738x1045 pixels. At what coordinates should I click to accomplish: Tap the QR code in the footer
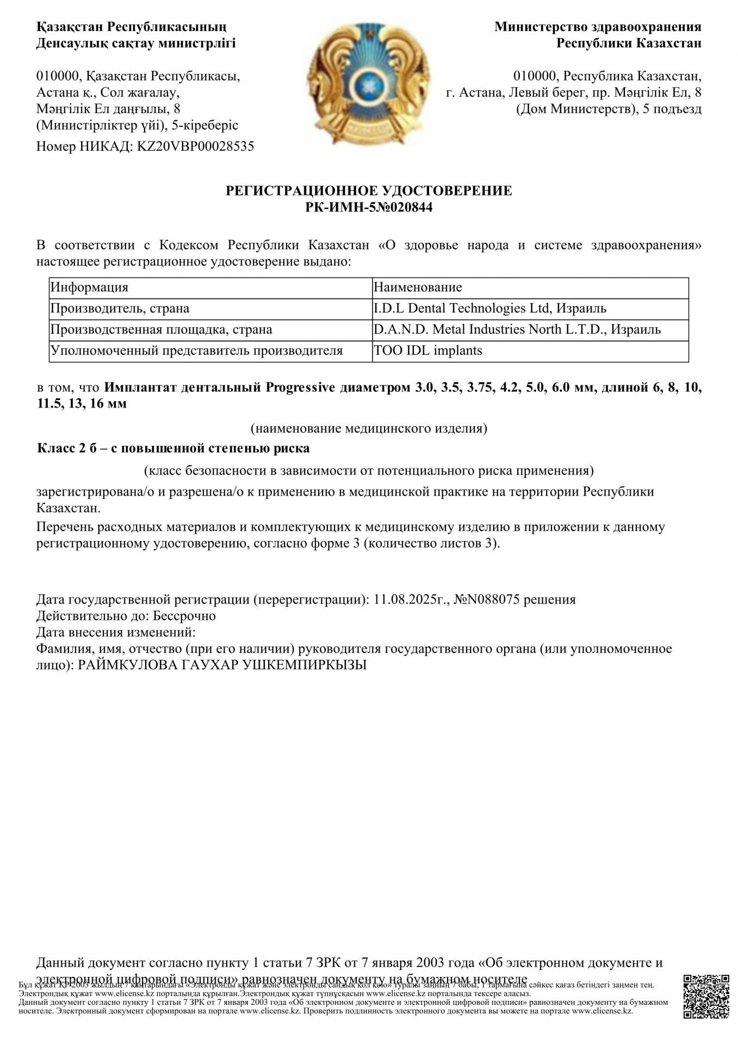[x=706, y=996]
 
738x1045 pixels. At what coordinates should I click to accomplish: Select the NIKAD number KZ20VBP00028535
[x=193, y=146]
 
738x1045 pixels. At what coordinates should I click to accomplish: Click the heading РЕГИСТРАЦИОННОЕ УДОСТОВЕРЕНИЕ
[x=369, y=190]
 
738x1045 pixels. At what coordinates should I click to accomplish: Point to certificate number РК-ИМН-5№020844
[x=369, y=207]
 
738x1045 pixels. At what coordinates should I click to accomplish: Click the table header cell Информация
[x=89, y=287]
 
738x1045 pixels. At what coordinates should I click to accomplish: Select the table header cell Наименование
[x=418, y=287]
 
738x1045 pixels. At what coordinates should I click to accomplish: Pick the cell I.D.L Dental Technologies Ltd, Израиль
[x=489, y=309]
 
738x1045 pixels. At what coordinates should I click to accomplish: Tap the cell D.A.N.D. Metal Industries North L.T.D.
[x=517, y=330]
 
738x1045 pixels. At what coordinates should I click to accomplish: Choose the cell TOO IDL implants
[x=427, y=351]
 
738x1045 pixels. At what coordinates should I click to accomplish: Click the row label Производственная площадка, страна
[x=161, y=330]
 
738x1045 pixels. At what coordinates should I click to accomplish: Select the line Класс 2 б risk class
[x=173, y=448]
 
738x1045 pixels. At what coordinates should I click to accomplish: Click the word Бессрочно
[x=184, y=616]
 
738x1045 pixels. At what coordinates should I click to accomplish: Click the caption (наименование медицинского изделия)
[x=369, y=428]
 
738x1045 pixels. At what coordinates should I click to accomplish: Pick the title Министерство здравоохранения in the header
[x=598, y=27]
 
